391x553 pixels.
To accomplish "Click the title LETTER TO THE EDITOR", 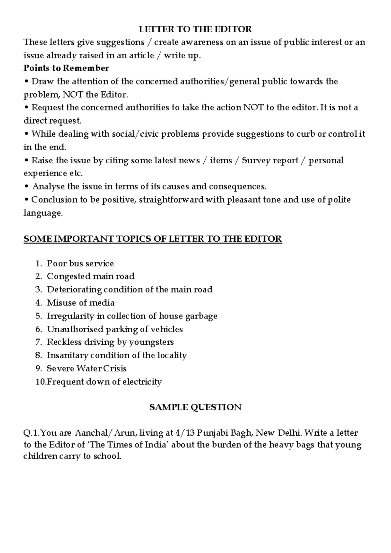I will point(195,29).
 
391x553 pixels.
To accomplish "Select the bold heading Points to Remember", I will point(66,68).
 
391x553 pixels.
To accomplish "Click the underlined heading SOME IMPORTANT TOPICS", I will point(152,239).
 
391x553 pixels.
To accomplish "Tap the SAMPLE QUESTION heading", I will point(195,407).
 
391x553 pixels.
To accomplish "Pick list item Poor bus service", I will point(80,263).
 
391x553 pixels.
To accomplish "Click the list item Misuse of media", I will point(80,303).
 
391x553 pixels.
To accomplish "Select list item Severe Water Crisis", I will point(86,368).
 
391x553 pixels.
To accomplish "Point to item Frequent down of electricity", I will point(104,382).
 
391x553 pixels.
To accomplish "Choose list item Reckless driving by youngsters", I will point(110,342).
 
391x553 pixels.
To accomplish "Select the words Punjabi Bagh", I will point(224,433).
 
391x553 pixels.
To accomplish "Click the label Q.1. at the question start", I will point(32,433).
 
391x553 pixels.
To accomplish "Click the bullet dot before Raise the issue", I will point(26,161).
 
